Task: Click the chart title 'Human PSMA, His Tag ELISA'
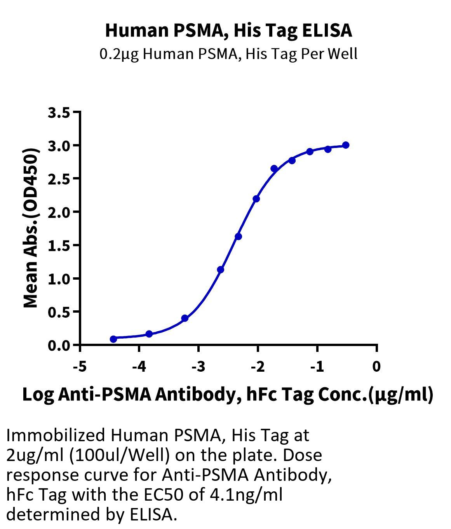point(228,30)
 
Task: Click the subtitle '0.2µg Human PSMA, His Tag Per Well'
point(228,54)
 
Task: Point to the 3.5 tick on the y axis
point(59,113)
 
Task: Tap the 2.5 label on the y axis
point(59,179)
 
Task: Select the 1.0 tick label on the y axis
point(59,279)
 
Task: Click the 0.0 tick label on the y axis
point(59,345)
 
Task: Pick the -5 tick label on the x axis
point(80,366)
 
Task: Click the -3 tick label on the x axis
point(198,366)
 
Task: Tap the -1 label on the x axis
point(317,366)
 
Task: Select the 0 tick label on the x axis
point(376,366)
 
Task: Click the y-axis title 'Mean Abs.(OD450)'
point(31,228)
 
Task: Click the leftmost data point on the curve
point(113,339)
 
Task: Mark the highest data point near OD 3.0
point(345,145)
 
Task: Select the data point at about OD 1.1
point(221,270)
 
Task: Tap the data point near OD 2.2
point(256,199)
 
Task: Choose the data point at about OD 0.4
point(185,318)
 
